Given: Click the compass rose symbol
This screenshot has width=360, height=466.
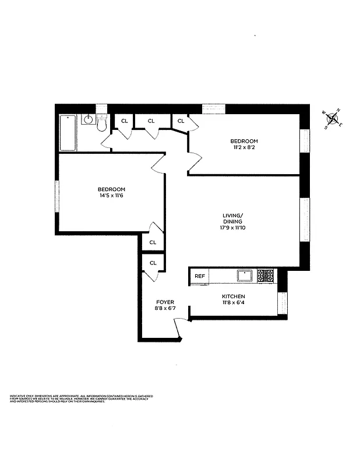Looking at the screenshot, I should (333, 119).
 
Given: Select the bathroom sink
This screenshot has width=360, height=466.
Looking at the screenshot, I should (88, 120).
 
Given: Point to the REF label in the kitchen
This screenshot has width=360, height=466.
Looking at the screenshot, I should (200, 276).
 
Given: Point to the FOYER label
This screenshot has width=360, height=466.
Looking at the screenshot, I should (165, 302).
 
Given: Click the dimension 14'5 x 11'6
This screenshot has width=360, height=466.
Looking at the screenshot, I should (111, 196).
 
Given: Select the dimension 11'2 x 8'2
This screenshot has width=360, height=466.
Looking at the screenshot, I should (243, 148).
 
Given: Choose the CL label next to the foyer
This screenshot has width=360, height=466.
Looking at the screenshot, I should (153, 263).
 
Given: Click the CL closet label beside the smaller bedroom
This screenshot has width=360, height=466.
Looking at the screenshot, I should (181, 121).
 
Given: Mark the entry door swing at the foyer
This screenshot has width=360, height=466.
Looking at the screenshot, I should (181, 329).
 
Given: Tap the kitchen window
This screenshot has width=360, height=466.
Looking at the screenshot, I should (283, 303).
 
